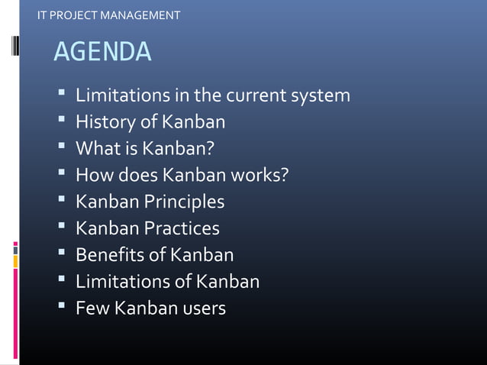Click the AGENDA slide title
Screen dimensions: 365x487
(102, 52)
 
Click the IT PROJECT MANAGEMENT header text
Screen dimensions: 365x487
(109, 15)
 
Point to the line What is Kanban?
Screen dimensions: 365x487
(144, 149)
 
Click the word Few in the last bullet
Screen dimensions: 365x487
(92, 308)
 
